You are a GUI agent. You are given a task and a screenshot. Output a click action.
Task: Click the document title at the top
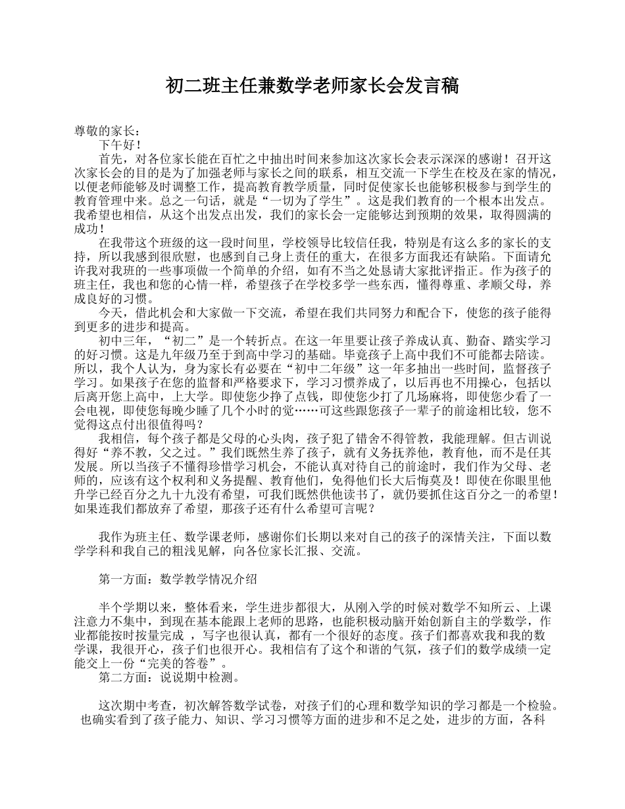click(312, 86)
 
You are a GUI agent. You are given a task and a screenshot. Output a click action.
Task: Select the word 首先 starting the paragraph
click(111, 159)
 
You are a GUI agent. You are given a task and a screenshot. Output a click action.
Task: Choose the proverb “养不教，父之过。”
click(155, 453)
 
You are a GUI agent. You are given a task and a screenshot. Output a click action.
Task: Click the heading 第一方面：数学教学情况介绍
click(178, 579)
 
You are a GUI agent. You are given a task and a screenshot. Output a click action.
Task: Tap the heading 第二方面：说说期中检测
click(168, 677)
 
